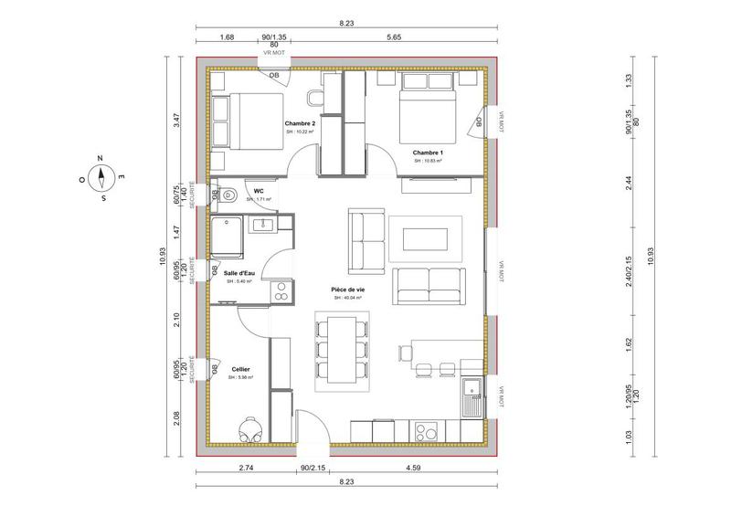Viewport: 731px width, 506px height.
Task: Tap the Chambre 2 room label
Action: tap(300, 123)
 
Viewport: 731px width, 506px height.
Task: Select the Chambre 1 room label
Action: tap(427, 152)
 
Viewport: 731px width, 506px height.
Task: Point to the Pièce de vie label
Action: tap(347, 289)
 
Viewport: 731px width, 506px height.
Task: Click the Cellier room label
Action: tap(241, 369)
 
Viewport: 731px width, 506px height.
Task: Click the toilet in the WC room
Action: tap(228, 194)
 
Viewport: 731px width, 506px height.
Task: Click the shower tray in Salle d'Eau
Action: tap(228, 236)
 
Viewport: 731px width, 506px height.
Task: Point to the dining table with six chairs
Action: tap(343, 351)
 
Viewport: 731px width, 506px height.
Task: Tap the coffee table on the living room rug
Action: tap(426, 237)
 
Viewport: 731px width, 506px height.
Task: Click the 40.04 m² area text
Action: tap(347, 298)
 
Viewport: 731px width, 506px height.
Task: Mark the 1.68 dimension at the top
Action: tap(228, 38)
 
